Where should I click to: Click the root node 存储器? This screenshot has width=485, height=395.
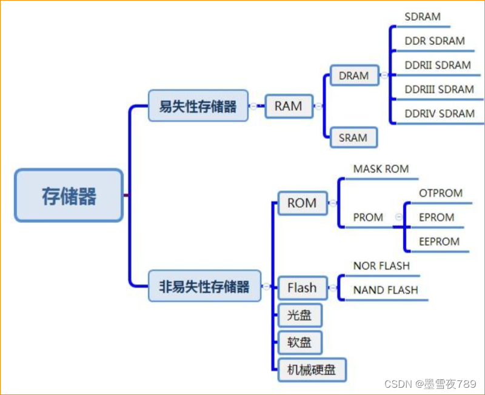click(x=69, y=196)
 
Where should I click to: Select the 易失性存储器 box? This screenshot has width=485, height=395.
click(x=198, y=106)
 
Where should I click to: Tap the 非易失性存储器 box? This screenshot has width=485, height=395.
click(x=204, y=287)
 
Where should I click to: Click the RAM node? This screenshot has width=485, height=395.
click(x=288, y=106)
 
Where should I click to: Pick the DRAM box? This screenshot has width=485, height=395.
click(x=354, y=76)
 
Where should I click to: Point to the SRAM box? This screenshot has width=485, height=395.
click(x=353, y=138)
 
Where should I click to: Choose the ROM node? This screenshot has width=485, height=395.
click(x=302, y=203)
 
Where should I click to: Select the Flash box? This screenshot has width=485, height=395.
click(x=302, y=287)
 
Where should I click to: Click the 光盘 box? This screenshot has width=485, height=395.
click(x=299, y=315)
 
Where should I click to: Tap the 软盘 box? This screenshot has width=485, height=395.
click(x=299, y=342)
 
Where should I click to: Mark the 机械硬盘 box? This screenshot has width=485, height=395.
click(x=312, y=370)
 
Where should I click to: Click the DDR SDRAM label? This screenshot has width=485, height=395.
click(x=435, y=41)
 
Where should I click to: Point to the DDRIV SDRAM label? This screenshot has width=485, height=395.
click(x=440, y=113)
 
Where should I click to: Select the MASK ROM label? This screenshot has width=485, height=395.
click(x=381, y=169)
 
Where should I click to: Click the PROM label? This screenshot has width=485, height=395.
click(x=368, y=217)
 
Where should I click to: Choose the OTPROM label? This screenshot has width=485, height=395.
click(x=441, y=193)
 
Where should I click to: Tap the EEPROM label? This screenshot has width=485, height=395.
click(x=439, y=241)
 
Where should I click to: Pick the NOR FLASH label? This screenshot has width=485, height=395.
click(x=381, y=266)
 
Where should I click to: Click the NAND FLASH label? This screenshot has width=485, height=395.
click(x=386, y=290)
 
